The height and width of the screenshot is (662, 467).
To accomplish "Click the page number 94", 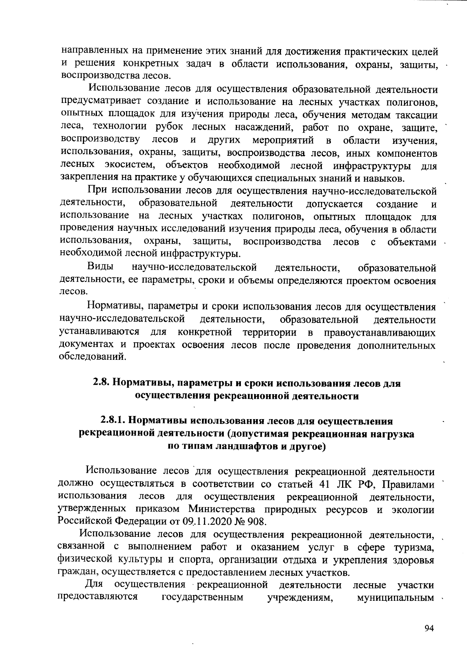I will pos(428,628).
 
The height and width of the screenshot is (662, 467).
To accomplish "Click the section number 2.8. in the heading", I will pos(102,383).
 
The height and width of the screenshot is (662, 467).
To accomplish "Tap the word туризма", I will pos(414,547).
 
